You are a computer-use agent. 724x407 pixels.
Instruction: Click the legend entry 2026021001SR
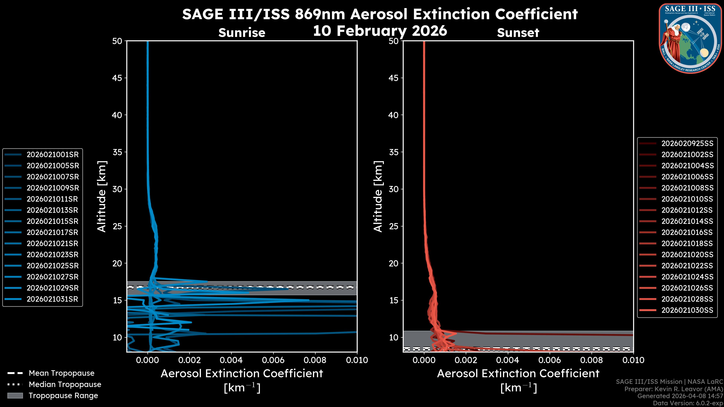(x=53, y=155)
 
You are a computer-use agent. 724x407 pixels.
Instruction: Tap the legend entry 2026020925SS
(x=687, y=144)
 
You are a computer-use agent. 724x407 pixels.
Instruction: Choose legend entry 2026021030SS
(x=687, y=310)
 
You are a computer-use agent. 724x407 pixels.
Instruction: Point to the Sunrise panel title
(x=242, y=33)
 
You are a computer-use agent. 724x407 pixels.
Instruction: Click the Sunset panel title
(x=518, y=33)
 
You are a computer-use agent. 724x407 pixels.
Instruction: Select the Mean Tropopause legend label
(x=61, y=373)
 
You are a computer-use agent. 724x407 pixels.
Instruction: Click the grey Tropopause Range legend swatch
(x=15, y=396)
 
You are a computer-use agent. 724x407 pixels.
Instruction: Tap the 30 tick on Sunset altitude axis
(x=393, y=189)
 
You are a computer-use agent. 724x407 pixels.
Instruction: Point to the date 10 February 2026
(x=380, y=31)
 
